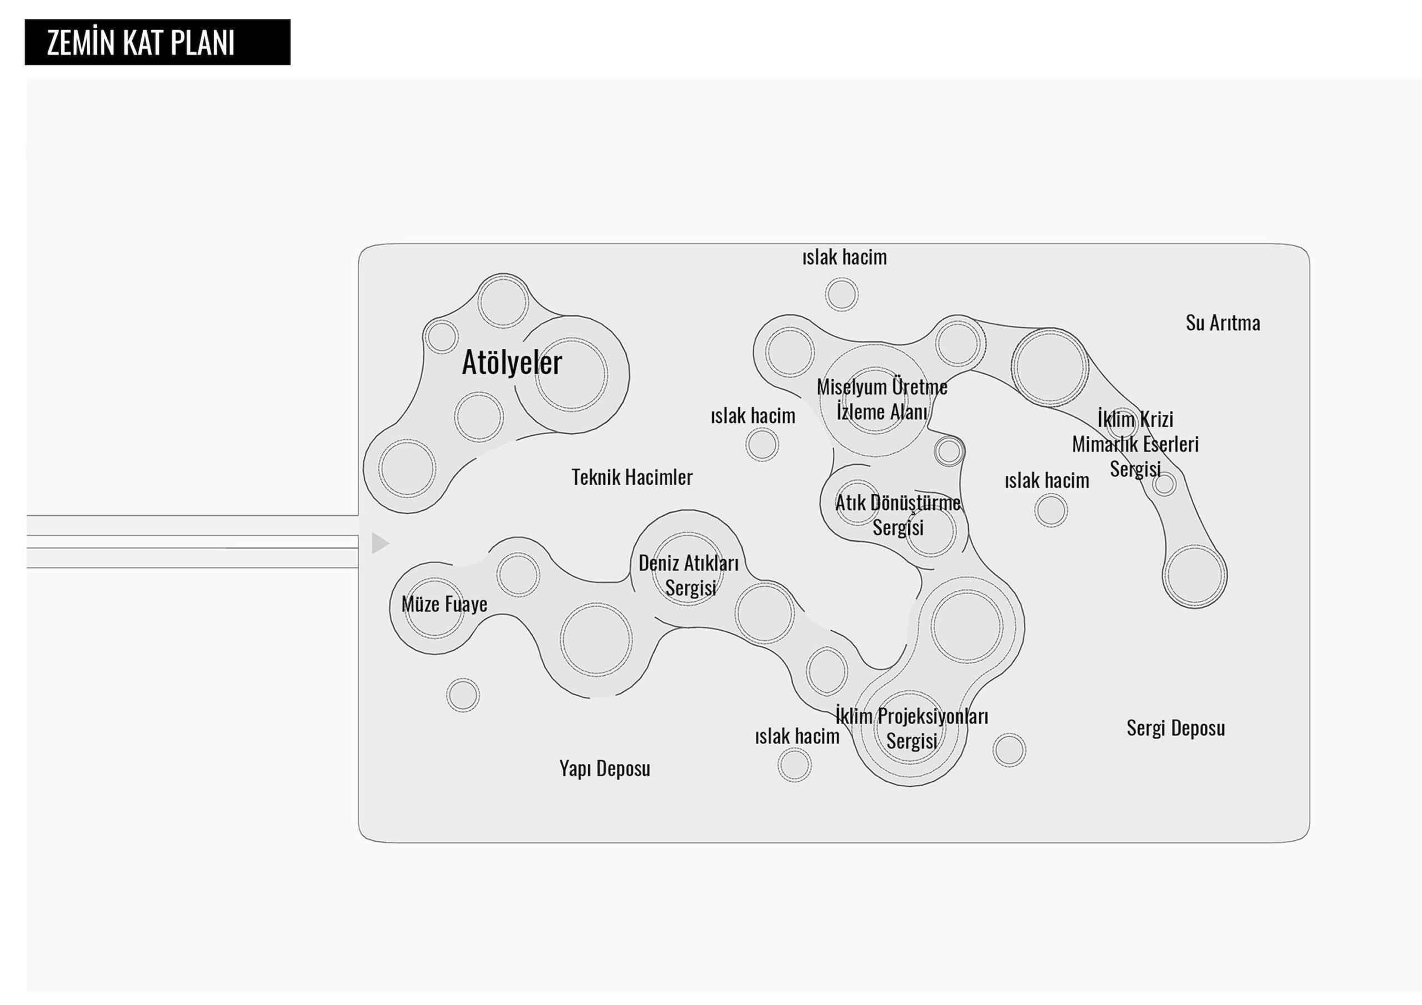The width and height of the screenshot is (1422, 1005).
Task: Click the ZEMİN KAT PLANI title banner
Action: (x=157, y=42)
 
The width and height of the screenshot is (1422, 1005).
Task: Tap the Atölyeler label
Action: (x=512, y=362)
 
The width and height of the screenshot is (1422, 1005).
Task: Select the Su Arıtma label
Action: (x=1223, y=323)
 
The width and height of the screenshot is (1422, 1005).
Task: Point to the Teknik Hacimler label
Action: (x=632, y=477)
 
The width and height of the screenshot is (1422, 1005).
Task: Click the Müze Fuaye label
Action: (x=444, y=604)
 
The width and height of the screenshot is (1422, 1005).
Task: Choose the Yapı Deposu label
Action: (x=604, y=768)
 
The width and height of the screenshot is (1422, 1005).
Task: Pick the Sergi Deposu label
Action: (x=1175, y=728)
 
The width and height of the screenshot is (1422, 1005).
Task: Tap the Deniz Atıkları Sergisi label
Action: (x=689, y=575)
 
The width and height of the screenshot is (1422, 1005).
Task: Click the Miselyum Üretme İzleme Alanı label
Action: (x=882, y=399)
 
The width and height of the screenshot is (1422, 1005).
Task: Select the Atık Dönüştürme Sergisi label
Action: (x=898, y=515)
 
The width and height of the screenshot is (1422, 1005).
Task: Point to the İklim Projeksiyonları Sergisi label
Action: (x=912, y=728)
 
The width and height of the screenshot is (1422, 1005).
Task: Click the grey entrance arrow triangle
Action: (x=379, y=543)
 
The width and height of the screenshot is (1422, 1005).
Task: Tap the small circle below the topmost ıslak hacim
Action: (x=842, y=294)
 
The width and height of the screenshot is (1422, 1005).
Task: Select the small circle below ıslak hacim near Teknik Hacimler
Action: (x=762, y=444)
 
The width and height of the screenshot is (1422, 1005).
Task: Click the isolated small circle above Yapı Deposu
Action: (x=463, y=695)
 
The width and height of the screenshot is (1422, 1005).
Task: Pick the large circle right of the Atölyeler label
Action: (x=571, y=374)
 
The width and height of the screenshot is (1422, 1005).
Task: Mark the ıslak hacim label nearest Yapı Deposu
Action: (x=797, y=736)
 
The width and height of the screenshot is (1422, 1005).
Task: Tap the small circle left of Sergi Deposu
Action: (x=1009, y=750)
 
